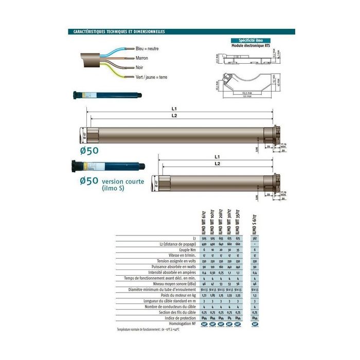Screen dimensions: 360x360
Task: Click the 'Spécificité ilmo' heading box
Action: tap(250, 40)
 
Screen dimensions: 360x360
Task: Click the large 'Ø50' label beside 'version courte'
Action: tap(89, 181)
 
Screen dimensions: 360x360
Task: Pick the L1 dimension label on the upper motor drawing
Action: tap(174, 109)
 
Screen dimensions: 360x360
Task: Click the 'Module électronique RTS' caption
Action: tap(250, 46)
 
